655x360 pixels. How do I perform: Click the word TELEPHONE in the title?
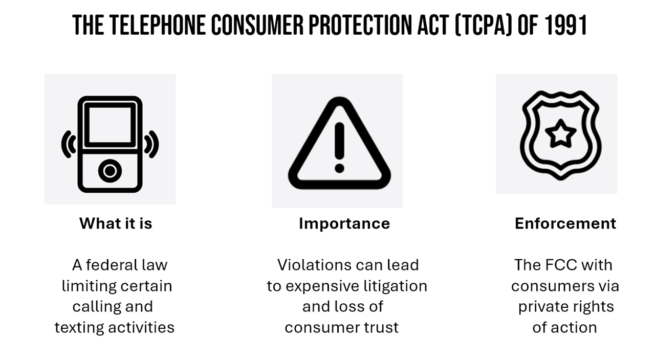pos(158,25)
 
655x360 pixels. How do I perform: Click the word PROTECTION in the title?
pos(360,25)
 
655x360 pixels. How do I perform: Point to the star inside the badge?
pos(560,134)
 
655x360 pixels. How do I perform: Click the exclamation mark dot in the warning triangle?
pos(339,168)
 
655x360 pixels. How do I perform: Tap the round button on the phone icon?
pos(110,171)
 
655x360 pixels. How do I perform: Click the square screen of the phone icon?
pos(110,125)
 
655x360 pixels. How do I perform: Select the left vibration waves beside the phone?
pos(69,144)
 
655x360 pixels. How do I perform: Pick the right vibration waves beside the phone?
pos(151,144)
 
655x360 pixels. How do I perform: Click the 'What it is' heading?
pos(116,223)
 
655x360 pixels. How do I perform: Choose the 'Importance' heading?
pos(344,224)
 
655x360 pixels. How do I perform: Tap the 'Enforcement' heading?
pos(565,223)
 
